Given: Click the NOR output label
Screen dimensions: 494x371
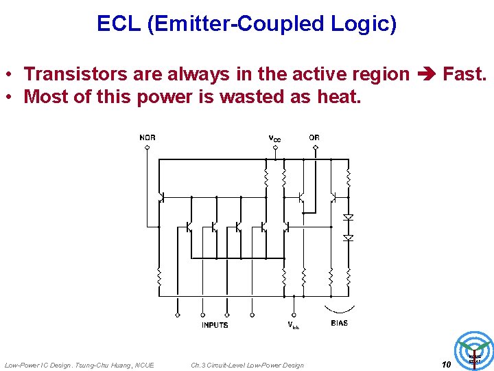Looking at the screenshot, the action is click(148, 137).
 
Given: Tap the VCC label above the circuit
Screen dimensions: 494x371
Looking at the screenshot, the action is click(274, 138).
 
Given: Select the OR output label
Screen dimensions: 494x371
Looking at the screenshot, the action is click(314, 137).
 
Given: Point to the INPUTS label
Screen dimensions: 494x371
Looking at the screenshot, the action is click(215, 325).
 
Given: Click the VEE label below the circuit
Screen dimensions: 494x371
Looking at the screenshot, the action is click(293, 326).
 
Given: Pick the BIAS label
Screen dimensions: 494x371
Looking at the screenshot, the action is click(339, 323).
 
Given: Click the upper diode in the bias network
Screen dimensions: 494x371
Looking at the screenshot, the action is click(348, 217).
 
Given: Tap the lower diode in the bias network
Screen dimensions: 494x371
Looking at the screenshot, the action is click(348, 238).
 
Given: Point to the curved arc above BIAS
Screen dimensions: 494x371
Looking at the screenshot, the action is click(340, 308).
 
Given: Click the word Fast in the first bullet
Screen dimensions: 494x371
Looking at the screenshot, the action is click(464, 74).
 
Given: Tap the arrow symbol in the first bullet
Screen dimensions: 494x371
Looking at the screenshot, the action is click(426, 74).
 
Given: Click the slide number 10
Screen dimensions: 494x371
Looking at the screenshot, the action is click(446, 365).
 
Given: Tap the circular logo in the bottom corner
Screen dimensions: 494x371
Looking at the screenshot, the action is click(474, 350).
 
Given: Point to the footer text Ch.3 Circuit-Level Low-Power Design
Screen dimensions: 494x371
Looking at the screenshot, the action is click(247, 365).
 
